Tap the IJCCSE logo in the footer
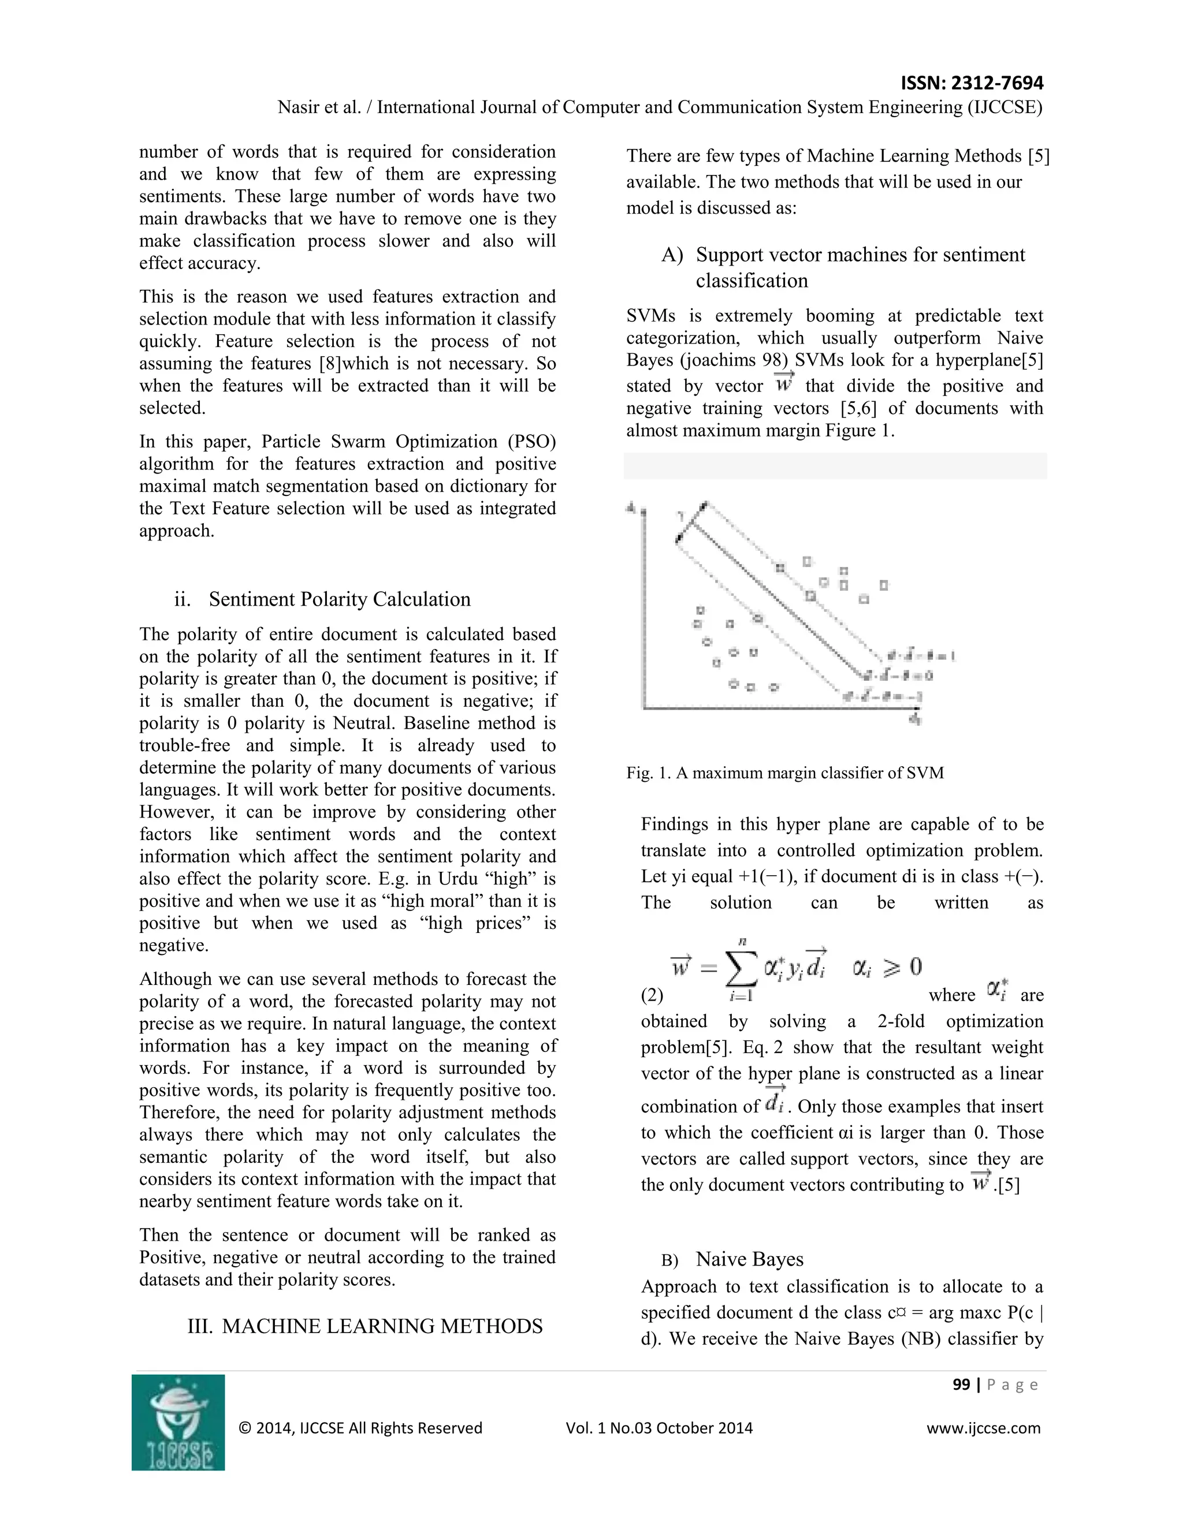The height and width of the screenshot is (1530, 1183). [178, 1421]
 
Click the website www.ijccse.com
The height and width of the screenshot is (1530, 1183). [983, 1428]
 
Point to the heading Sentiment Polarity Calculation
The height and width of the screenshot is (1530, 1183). [339, 599]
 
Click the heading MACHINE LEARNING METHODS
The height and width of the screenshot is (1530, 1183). [382, 1326]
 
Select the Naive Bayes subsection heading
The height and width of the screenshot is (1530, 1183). [749, 1259]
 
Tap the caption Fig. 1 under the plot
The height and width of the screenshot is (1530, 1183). [785, 773]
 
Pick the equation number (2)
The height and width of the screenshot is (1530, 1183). [652, 995]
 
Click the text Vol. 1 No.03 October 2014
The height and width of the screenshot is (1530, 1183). [659, 1428]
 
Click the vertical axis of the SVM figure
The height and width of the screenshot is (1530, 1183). [643, 610]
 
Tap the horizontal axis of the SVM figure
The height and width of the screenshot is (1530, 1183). [778, 709]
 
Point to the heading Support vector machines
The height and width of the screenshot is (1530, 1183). [860, 255]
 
